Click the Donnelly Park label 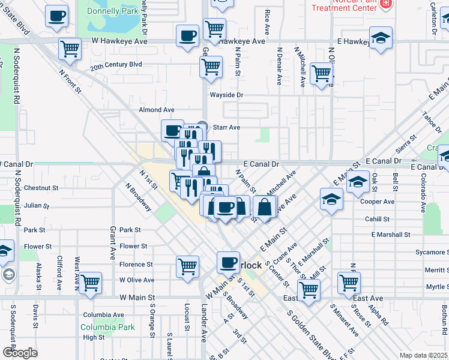pyautogui.click(x=112, y=11)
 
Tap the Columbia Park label pyautogui.click(x=109, y=328)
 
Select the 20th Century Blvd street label pyautogui.click(x=116, y=65)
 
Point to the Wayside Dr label pyautogui.click(x=226, y=95)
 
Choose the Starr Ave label pyautogui.click(x=226, y=127)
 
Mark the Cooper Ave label pyautogui.click(x=377, y=202)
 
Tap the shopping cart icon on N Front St pyautogui.click(x=70, y=49)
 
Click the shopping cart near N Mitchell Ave pyautogui.click(x=322, y=73)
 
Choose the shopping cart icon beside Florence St pyautogui.click(x=187, y=266)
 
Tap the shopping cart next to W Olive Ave pyautogui.click(x=90, y=283)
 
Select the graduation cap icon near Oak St pyautogui.click(x=357, y=182)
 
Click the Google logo pyautogui.click(x=20, y=353)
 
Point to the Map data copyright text pyautogui.click(x=423, y=355)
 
